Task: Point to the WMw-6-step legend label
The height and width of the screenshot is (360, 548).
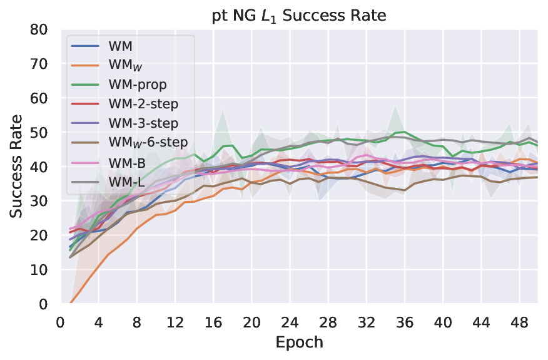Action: click(x=147, y=143)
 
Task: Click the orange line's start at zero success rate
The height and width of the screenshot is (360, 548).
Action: click(x=69, y=304)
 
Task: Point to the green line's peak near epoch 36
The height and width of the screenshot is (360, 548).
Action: click(x=405, y=132)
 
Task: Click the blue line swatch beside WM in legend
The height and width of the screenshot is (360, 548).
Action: click(x=84, y=46)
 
